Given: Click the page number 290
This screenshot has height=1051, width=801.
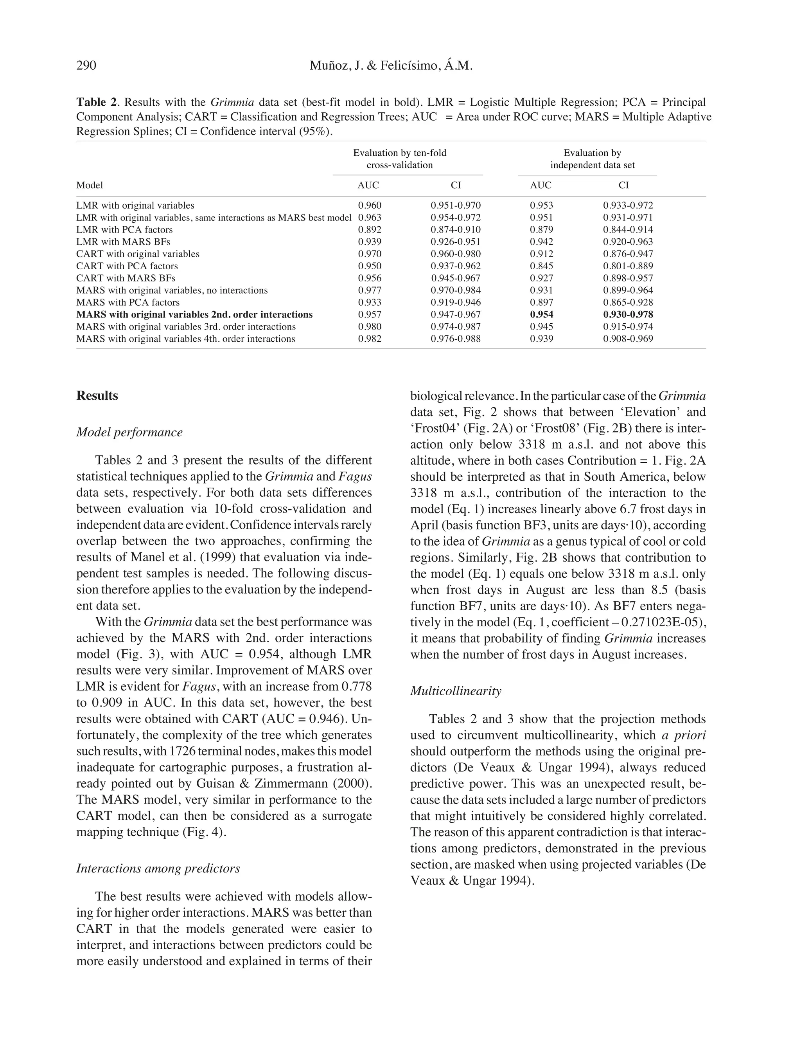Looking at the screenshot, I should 86,65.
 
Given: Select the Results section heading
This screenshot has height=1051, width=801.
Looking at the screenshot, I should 97,395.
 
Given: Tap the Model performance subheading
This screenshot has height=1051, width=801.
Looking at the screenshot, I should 129,432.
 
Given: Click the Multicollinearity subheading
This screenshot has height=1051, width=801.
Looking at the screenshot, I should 456,691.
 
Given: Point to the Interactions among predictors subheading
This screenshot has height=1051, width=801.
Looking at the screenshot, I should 158,868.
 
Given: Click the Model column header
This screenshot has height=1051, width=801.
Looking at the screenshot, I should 90,185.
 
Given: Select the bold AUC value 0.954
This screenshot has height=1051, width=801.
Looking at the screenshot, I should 542,314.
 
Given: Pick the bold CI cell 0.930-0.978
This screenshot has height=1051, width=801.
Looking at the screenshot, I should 628,314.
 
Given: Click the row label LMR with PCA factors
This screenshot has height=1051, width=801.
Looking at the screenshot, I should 124,229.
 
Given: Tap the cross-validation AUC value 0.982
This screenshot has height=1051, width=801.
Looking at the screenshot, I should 370,339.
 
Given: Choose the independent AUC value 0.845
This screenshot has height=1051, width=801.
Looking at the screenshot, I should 542,266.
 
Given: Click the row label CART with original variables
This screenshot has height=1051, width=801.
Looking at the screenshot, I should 138,254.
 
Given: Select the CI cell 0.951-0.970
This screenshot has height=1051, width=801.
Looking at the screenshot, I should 455,206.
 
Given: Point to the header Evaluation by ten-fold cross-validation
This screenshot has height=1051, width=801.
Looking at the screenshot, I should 400,159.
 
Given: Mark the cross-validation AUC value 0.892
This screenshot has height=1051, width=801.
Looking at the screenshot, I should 370,229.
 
